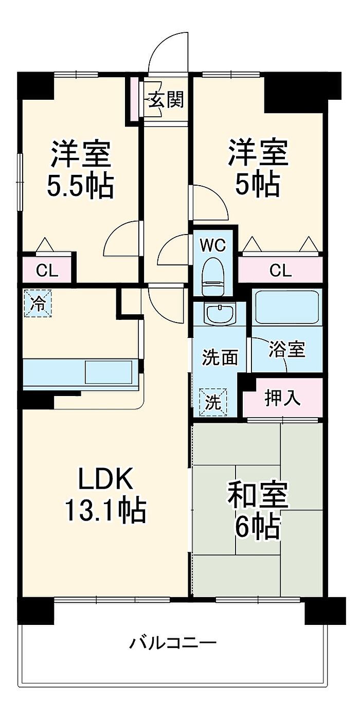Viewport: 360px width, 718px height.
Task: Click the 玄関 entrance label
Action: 166,99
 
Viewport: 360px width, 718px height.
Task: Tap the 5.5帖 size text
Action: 80,187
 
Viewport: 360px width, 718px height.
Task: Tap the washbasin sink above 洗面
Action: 219,313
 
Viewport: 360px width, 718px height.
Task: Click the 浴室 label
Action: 287,350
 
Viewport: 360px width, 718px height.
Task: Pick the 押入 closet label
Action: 283,398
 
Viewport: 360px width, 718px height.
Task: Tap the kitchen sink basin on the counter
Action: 108,371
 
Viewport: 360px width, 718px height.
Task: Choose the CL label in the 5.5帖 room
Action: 46,271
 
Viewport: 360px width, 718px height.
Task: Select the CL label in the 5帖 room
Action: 280,271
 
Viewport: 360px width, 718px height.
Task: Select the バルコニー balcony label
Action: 173,643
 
